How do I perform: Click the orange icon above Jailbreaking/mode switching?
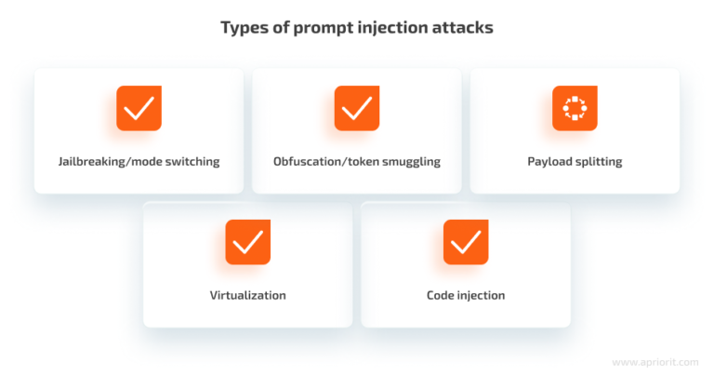pos(139,108)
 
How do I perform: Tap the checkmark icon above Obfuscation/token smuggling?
pos(357,108)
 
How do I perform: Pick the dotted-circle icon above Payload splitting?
pos(575,108)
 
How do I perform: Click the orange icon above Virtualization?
pos(247,242)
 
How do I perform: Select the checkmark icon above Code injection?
pos(466,242)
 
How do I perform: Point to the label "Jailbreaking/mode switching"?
pos(139,161)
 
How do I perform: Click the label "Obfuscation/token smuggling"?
pos(357,161)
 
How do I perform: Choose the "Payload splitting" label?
pos(575,161)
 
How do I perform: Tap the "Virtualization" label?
pos(247,295)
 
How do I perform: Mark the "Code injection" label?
pos(466,295)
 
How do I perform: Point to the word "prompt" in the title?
pos(320,28)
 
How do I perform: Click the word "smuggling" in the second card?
pos(409,161)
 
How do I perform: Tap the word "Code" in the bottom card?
pos(441,295)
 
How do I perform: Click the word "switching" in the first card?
pos(192,161)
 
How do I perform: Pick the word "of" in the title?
pos(277,28)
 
